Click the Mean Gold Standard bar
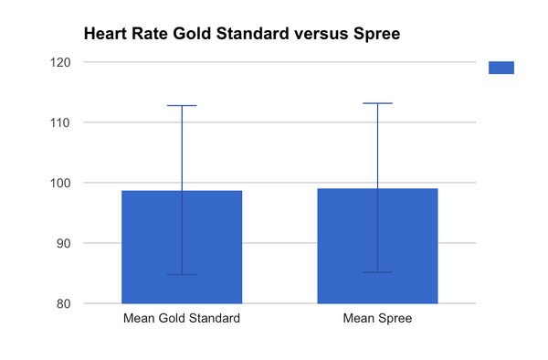pos(181,247)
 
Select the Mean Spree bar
pos(377,246)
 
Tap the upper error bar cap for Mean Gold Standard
pos(181,106)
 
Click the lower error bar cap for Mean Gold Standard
pos(181,274)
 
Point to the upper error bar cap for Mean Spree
pos(377,103)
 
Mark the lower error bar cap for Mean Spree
pos(377,272)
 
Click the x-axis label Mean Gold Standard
pos(181,319)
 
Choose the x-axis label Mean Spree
pos(377,319)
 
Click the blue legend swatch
pos(501,68)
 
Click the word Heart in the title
pos(106,35)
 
